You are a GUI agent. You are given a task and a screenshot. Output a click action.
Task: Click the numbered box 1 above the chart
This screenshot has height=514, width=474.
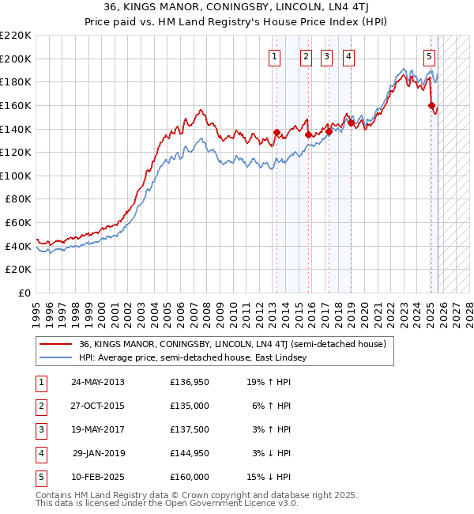[x=274, y=56]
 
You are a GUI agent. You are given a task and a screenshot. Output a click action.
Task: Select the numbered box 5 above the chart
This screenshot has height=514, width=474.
[x=429, y=56]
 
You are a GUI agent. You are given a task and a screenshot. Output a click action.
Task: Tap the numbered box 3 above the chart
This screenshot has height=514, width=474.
[x=326, y=56]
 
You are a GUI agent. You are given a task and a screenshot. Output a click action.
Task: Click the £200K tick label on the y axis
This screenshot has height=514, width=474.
[x=16, y=59]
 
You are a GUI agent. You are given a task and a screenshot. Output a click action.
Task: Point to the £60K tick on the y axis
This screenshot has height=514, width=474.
[x=18, y=222]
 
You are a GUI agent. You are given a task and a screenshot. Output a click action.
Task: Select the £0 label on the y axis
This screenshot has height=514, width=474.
[x=26, y=293]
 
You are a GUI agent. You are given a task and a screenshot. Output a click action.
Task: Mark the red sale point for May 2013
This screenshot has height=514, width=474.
[x=276, y=132]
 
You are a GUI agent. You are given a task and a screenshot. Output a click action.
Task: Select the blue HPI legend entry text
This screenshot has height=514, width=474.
[x=197, y=357]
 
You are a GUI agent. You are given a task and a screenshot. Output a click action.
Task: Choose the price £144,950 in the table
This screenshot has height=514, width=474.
[x=190, y=454]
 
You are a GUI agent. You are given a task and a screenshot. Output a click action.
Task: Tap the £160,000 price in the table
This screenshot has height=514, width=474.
[x=190, y=478]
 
